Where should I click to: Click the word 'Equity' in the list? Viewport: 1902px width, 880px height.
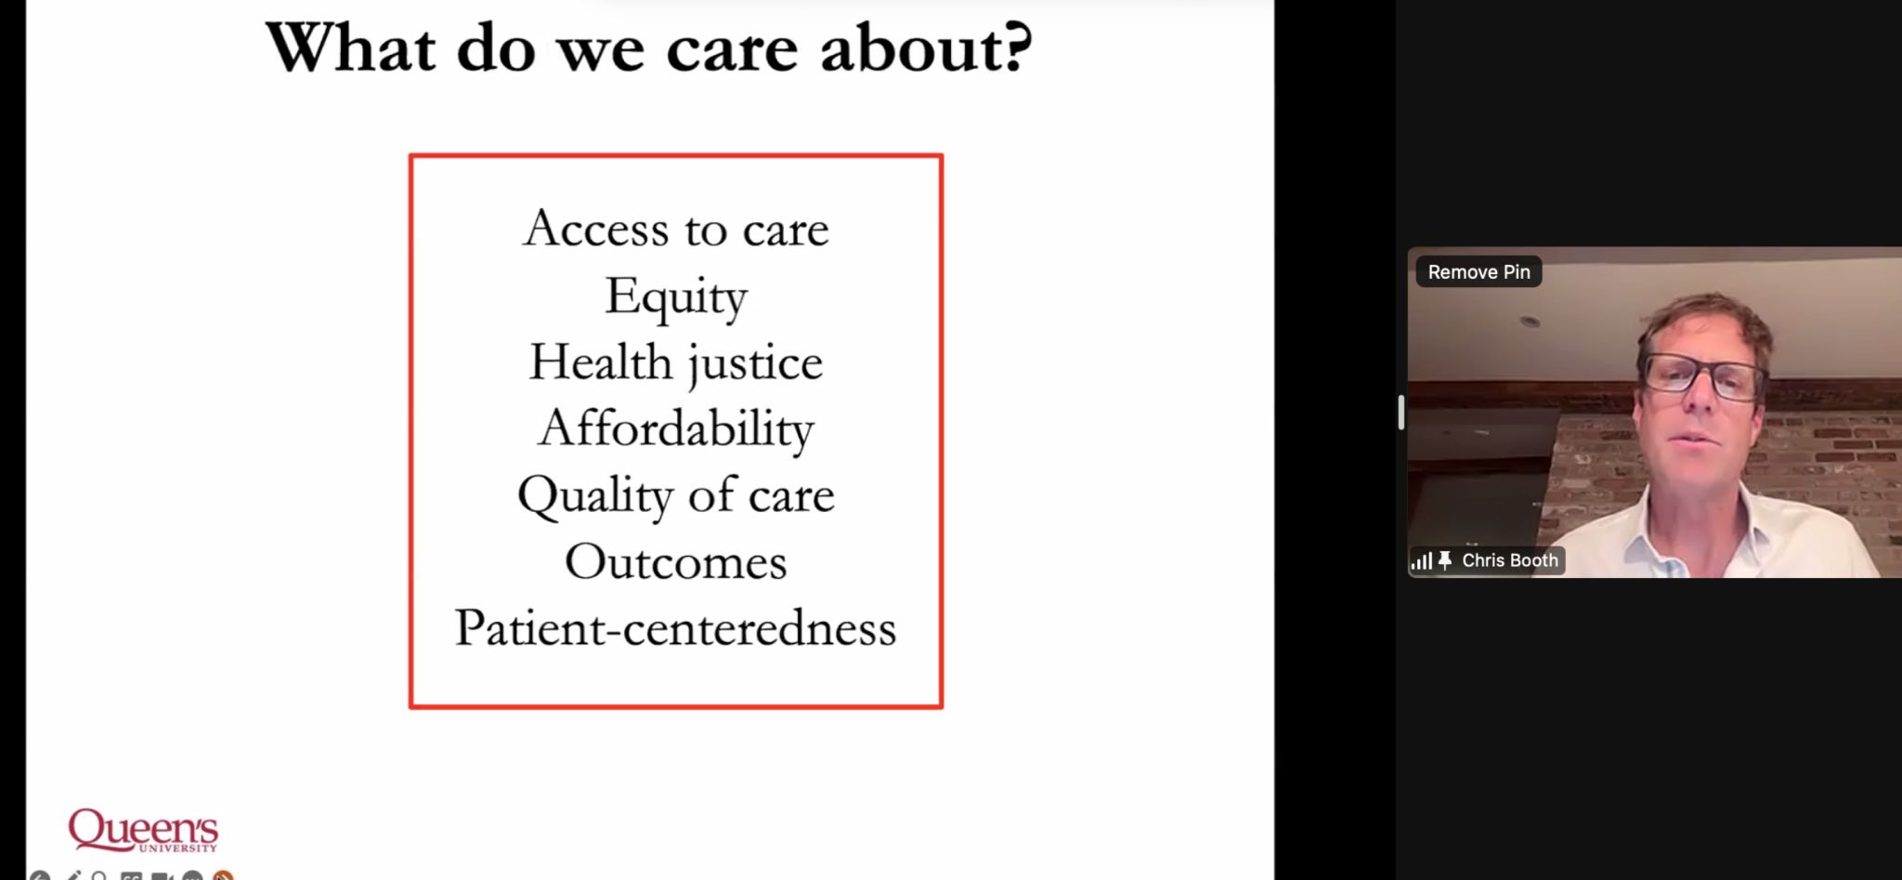(x=676, y=297)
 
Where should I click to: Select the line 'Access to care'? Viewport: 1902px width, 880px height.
(x=676, y=229)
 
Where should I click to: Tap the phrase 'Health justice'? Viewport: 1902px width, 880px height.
(x=676, y=363)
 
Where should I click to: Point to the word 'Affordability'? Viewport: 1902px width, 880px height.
(x=676, y=429)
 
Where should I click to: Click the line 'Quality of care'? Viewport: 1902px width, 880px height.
(x=676, y=495)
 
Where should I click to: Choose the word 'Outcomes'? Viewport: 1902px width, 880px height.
(x=676, y=562)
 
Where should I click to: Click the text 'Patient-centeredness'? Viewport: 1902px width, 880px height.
(x=676, y=628)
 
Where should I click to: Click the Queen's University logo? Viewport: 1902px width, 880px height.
(x=143, y=830)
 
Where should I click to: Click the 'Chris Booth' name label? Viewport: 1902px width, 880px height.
(x=1509, y=560)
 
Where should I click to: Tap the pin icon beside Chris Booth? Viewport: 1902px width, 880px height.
(x=1445, y=560)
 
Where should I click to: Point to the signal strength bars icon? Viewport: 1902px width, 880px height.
(x=1421, y=561)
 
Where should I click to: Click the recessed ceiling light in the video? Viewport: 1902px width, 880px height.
(x=1530, y=322)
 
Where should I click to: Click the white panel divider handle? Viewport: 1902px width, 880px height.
(x=1401, y=412)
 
